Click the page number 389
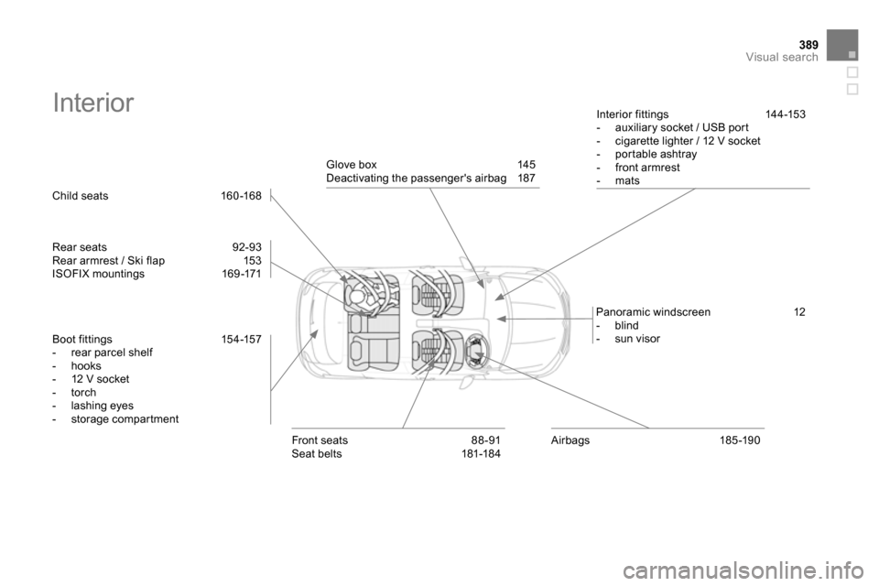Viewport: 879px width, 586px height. [808, 45]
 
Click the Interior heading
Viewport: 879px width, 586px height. [93, 103]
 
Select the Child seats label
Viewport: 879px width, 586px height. [81, 196]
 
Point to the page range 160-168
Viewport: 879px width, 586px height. [241, 196]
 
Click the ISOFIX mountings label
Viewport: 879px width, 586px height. [98, 274]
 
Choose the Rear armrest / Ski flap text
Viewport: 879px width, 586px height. [108, 261]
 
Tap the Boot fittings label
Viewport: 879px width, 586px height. [81, 340]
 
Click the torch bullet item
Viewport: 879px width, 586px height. [83, 393]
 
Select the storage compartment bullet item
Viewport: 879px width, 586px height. [125, 418]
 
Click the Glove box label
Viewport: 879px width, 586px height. [352, 165]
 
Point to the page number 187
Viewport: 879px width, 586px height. [526, 179]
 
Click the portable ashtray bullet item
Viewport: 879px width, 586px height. [656, 154]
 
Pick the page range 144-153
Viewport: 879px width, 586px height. [786, 114]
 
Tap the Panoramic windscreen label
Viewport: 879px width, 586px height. [653, 312]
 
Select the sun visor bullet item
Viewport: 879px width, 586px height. [637, 339]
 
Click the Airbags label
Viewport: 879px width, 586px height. [570, 440]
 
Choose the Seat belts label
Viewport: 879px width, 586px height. [317, 453]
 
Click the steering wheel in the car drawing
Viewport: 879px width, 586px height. [476, 351]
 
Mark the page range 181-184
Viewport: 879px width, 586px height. [481, 453]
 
